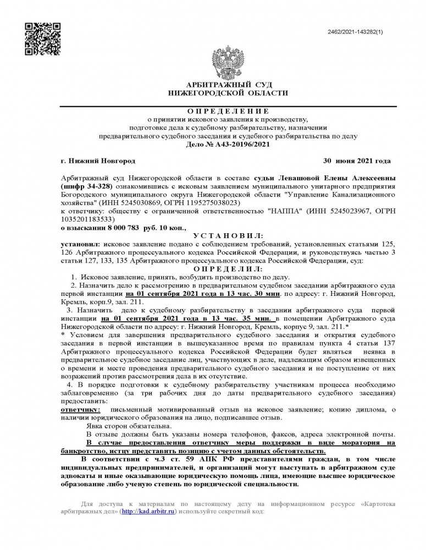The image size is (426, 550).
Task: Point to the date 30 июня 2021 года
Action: (356, 161)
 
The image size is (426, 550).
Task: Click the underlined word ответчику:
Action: (80, 410)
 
